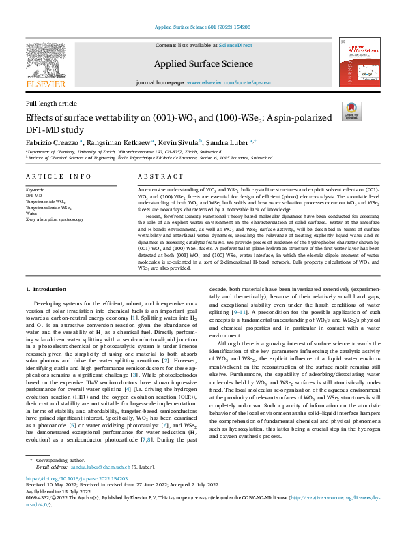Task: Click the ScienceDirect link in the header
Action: pyautogui.click(x=235, y=45)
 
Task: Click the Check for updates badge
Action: pyautogui.click(x=351, y=112)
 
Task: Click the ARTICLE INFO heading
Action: pyautogui.click(x=58, y=176)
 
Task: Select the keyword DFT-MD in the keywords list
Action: pyautogui.click(x=34, y=195)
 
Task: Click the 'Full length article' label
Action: pyautogui.click(x=51, y=103)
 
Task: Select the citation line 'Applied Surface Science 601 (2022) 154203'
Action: pyautogui.click(x=203, y=27)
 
